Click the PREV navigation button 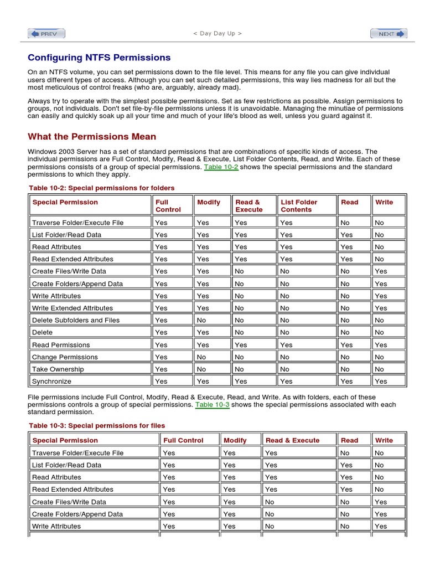pos(46,34)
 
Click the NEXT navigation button pos(388,34)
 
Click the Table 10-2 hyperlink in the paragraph pos(221,167)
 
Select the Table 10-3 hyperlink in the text pos(212,405)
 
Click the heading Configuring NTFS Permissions pos(99,58)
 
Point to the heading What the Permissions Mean pos(92,137)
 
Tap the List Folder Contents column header pos(299,206)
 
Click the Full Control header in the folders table pos(168,206)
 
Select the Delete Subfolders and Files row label pos(76,320)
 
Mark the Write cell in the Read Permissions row pos(381,344)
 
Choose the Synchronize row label pos(51,382)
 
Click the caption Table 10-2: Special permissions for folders pos(102,188)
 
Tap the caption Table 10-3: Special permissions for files pos(97,426)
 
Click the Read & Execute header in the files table pos(292,441)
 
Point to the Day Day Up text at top pos(217,33)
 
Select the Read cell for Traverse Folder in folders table pos(345,223)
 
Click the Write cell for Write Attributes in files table pos(381,526)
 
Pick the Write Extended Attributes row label pos(72,308)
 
